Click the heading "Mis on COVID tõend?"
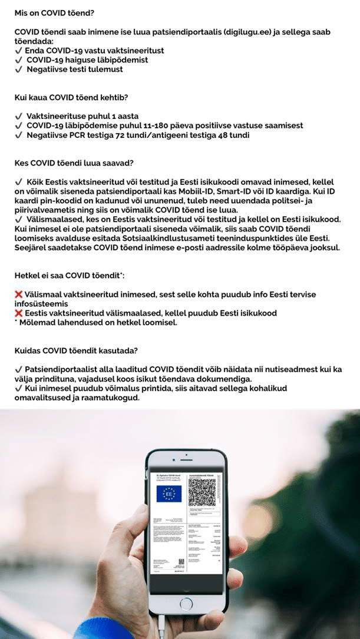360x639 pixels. point(54,12)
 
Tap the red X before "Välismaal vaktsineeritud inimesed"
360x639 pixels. point(18,293)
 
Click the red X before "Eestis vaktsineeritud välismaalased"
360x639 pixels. point(18,313)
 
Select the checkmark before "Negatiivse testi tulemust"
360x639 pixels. point(18,69)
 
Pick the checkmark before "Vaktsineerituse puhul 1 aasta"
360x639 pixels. point(18,117)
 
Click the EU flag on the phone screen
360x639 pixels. point(169,493)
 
